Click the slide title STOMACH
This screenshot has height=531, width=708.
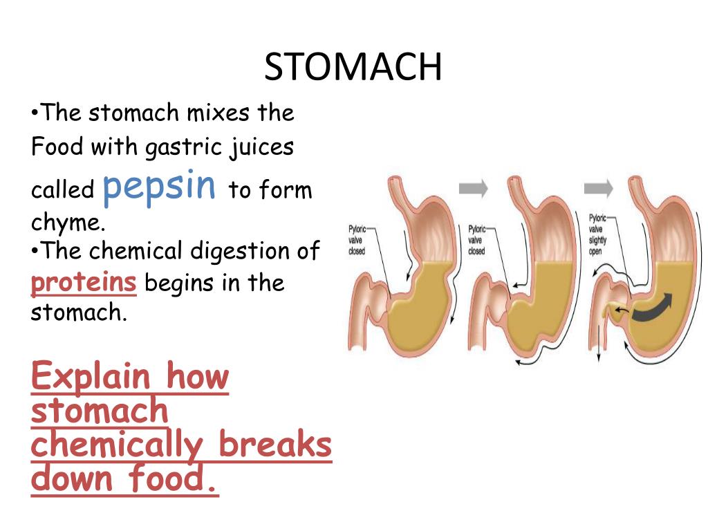[353, 67]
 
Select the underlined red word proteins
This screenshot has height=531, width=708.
[83, 283]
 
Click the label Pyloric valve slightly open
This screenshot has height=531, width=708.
[598, 234]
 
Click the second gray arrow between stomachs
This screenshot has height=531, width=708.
[598, 187]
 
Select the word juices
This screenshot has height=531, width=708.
[265, 147]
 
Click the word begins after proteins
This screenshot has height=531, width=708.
[180, 283]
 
